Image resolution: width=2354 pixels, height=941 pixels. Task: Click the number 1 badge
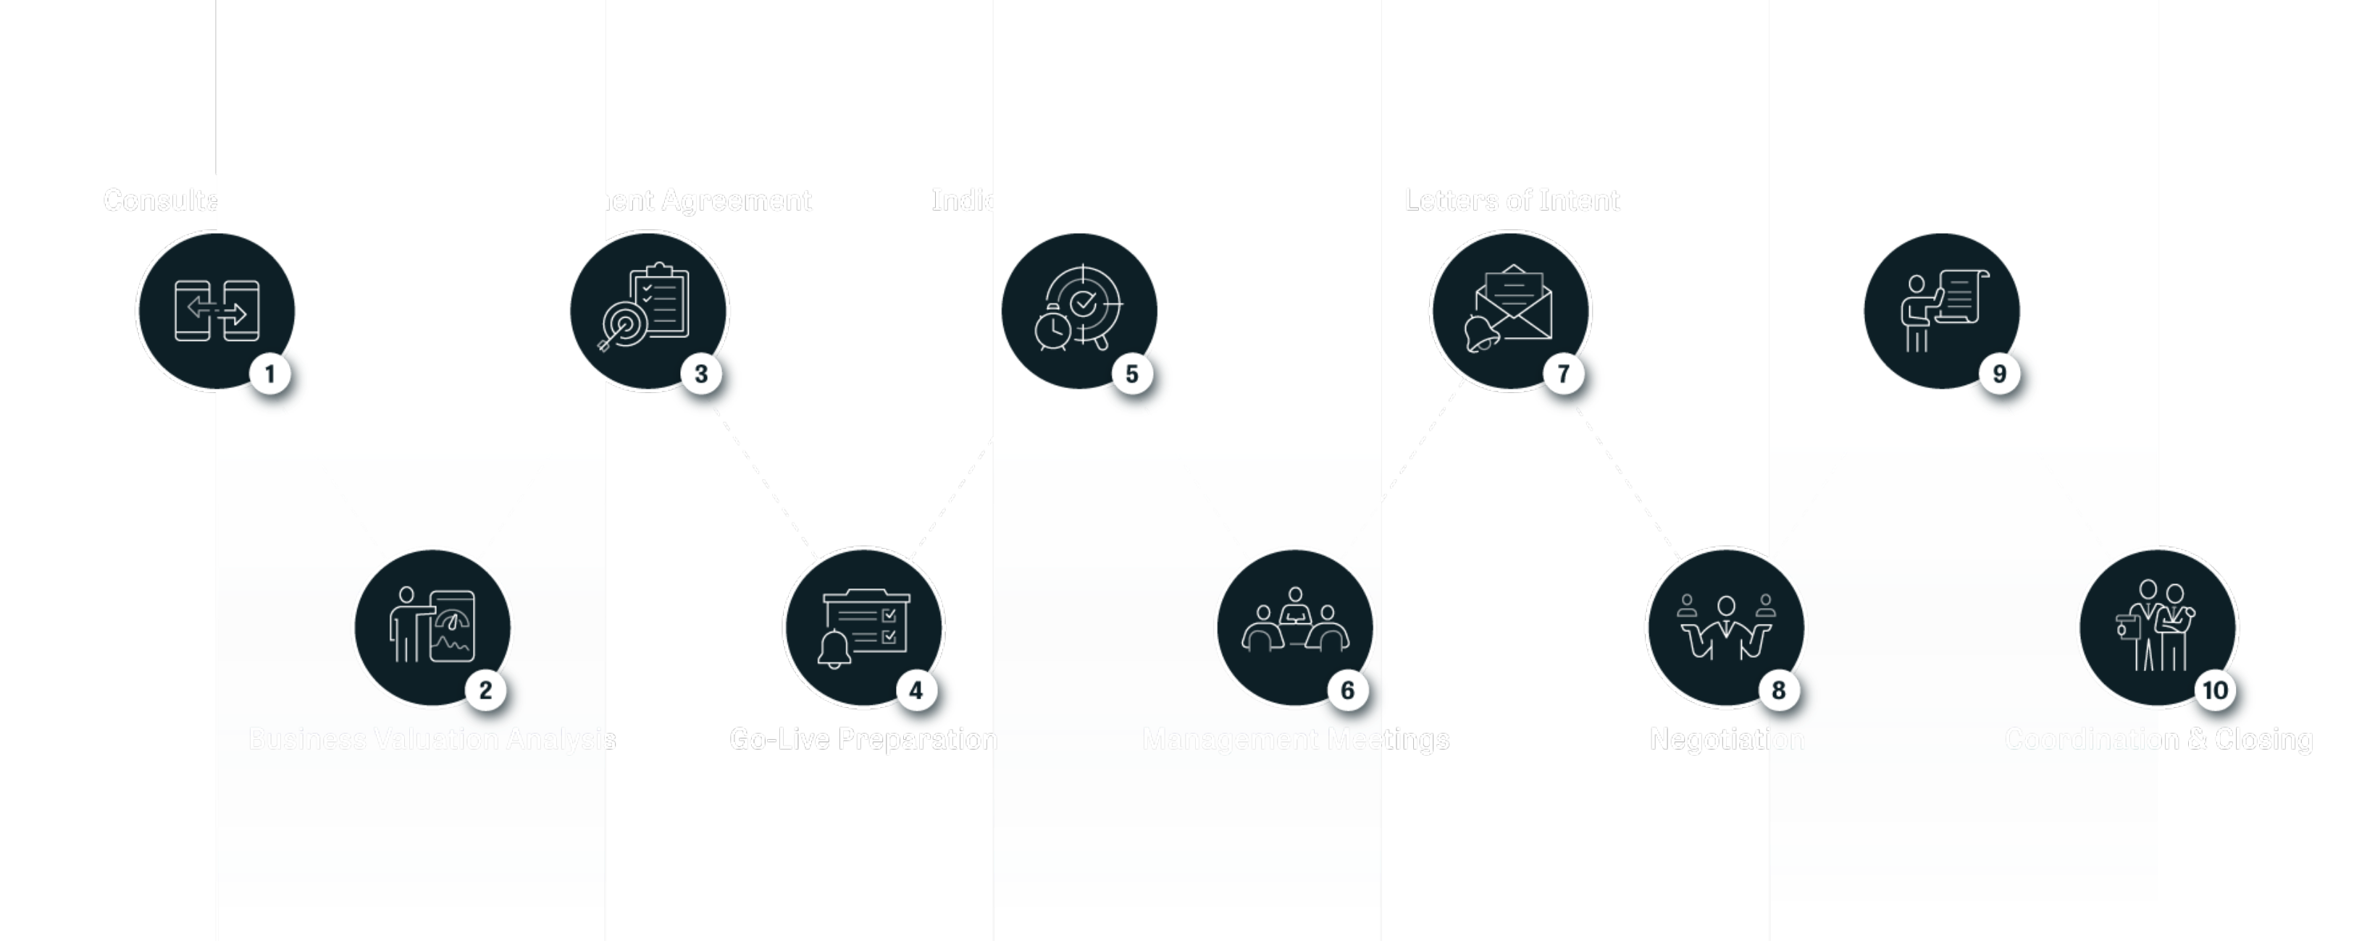[269, 374]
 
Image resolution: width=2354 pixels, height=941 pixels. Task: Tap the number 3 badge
[701, 374]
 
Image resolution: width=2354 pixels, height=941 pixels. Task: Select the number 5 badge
[1132, 374]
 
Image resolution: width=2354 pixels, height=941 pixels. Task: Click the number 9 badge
[1999, 374]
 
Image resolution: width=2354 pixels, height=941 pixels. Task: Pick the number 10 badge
[2215, 690]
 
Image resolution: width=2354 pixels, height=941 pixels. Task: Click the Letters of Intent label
[1512, 200]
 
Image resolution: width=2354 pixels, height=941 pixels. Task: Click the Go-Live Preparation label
[863, 739]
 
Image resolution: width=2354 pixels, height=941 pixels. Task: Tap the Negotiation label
[1726, 739]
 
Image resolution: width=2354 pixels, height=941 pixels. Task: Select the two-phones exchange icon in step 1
[217, 311]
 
